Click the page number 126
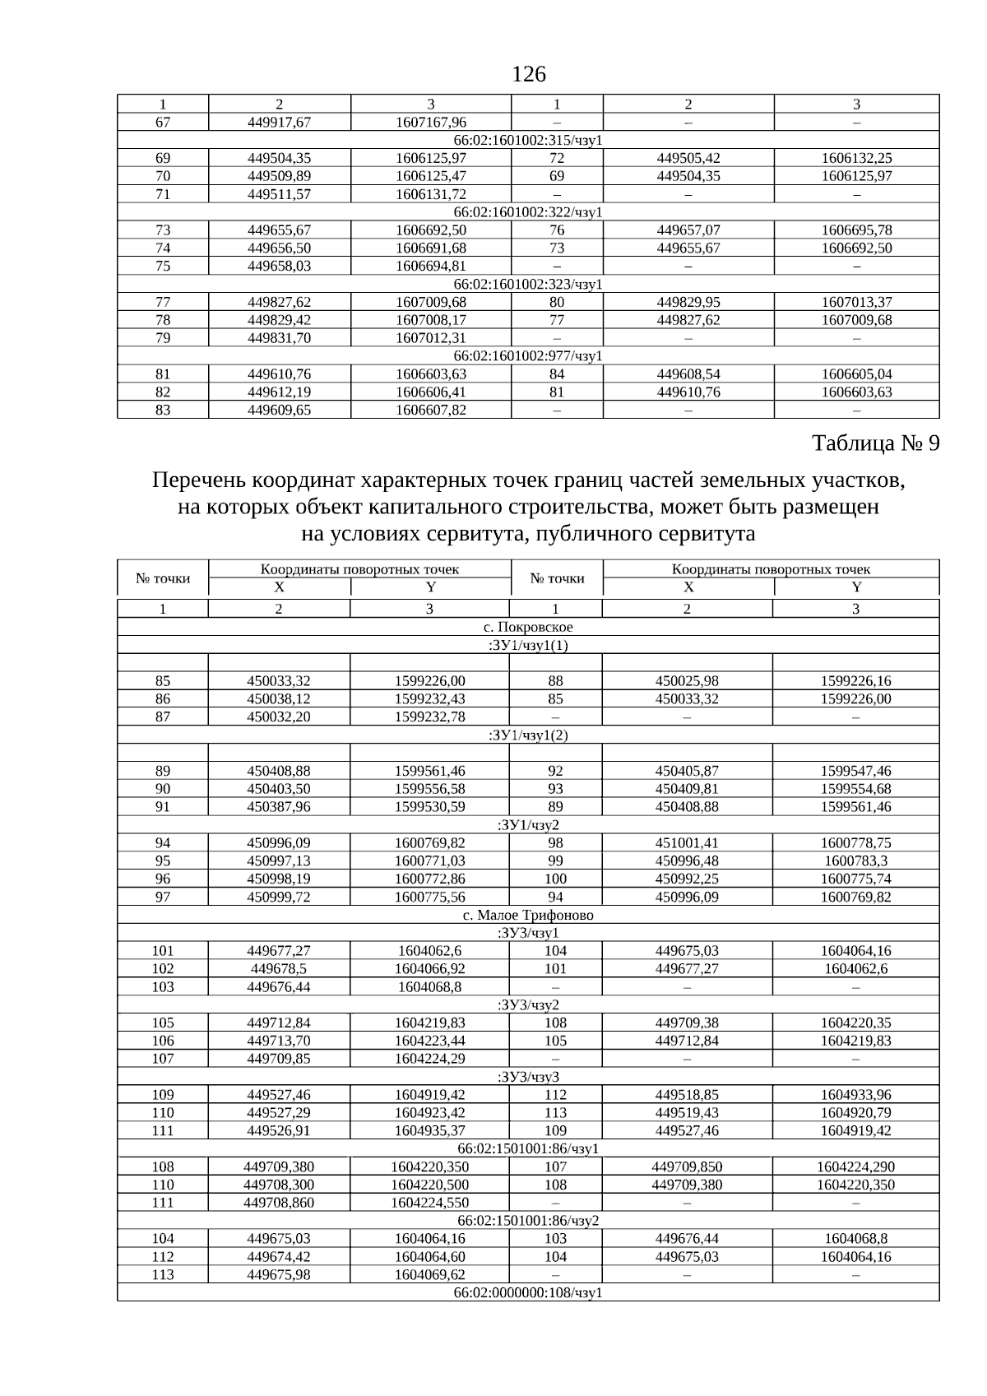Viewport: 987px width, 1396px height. [x=528, y=75]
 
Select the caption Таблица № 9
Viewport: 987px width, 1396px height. [x=875, y=444]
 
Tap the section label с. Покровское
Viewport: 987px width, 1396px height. [x=528, y=628]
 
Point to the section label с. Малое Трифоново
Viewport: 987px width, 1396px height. [x=528, y=915]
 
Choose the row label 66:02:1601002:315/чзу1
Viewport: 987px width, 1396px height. [x=528, y=140]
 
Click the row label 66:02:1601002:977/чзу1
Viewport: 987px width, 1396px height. [x=528, y=356]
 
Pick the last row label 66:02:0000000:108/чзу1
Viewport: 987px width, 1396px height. [x=528, y=1292]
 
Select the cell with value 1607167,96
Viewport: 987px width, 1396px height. [x=431, y=123]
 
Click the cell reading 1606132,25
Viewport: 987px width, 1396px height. [x=856, y=158]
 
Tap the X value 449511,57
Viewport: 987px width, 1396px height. [x=280, y=194]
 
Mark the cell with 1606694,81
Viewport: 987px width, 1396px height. [x=431, y=267]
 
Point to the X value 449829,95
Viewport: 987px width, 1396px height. [x=688, y=303]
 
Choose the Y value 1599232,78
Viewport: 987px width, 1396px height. [x=429, y=717]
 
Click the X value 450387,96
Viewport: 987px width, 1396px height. [x=279, y=807]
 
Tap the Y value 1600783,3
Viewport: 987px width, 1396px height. [x=855, y=861]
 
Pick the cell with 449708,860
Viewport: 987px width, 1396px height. [x=279, y=1203]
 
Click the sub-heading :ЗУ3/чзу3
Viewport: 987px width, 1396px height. [x=528, y=1077]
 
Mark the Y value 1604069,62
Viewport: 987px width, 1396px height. [x=429, y=1274]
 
